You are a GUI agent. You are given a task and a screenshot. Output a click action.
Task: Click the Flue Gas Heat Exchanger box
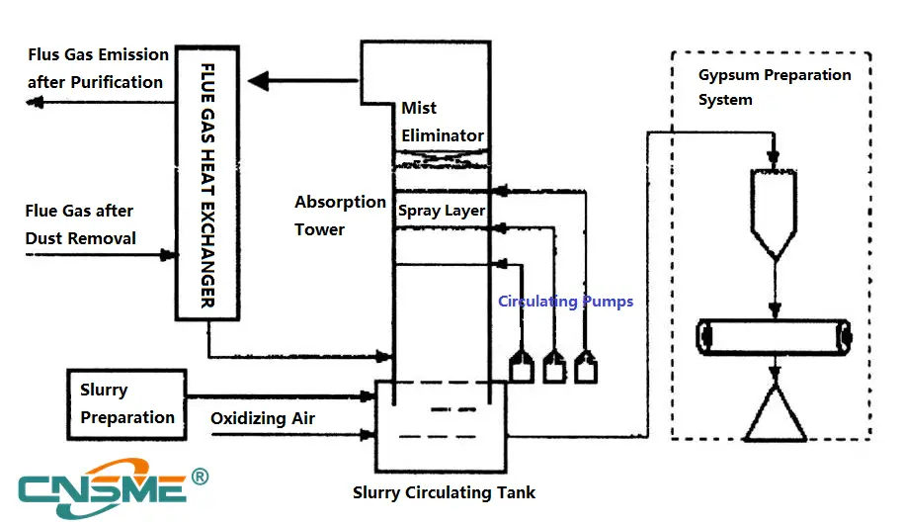208,183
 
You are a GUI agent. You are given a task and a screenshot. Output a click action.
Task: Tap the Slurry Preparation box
126,403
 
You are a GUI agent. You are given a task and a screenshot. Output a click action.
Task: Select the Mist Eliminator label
442,122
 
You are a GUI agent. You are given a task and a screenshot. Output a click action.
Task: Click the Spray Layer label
442,211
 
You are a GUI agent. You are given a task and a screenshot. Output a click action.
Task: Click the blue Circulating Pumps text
565,302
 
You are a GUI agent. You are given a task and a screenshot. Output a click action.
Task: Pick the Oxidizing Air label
263,419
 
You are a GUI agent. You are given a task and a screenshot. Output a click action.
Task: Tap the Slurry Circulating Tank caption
444,492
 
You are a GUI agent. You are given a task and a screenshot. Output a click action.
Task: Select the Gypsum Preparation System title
774,87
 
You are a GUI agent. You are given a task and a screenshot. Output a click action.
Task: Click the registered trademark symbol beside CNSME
199,478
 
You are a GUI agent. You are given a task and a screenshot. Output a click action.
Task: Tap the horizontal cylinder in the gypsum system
774,338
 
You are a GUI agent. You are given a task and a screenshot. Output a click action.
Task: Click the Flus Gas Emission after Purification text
96,68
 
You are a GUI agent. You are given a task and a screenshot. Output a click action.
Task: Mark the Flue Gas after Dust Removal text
81,224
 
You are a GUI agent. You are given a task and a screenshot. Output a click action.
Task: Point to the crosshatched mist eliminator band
442,158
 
